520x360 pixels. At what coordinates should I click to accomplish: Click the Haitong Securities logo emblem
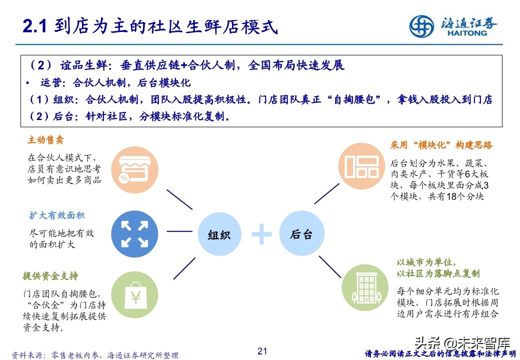(422, 26)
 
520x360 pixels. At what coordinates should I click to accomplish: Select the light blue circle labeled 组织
(218, 234)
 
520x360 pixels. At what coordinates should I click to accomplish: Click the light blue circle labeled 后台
(301, 234)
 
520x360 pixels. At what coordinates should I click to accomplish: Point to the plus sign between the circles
(261, 234)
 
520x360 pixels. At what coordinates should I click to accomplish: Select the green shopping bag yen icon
(134, 297)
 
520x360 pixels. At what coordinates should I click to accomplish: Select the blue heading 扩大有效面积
(56, 215)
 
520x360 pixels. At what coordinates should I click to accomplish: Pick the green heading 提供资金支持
(50, 276)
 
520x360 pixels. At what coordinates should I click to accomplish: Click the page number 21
(262, 351)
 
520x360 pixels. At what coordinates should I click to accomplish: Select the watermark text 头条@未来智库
(461, 344)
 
